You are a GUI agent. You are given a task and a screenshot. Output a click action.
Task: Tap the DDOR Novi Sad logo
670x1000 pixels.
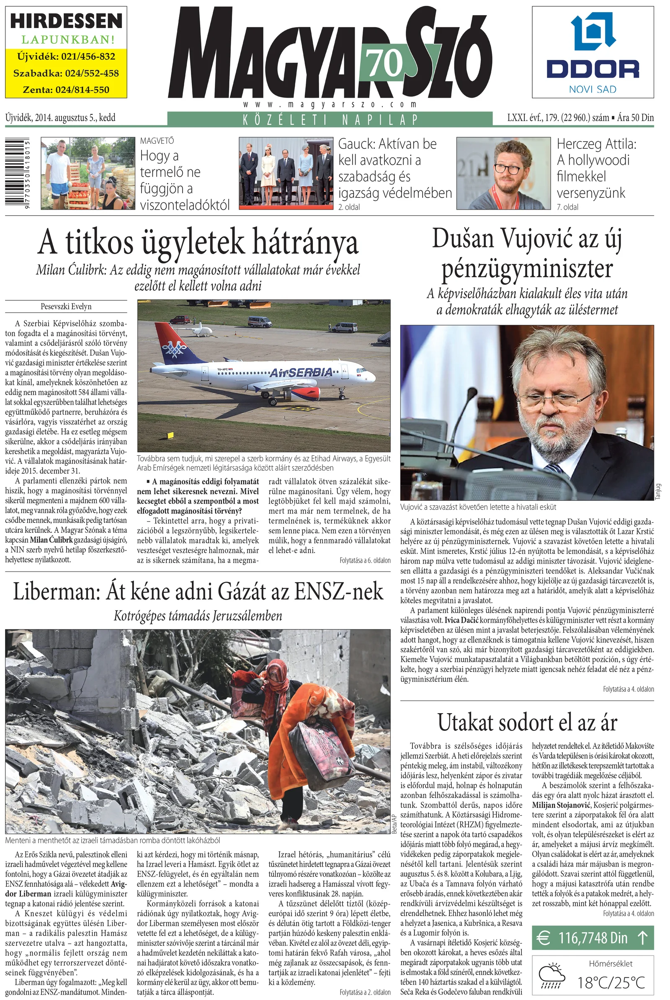tap(593, 51)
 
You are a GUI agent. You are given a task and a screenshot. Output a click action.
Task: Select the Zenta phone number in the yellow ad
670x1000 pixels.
tap(66, 90)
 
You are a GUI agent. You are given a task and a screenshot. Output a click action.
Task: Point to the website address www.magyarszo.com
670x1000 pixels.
tap(330, 104)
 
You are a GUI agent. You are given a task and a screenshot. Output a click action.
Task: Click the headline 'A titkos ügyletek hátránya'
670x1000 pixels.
tap(198, 243)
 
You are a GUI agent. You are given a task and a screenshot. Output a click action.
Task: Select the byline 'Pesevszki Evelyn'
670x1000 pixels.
tap(66, 306)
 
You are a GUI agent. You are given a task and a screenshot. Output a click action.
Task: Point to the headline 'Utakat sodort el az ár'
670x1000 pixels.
tap(527, 723)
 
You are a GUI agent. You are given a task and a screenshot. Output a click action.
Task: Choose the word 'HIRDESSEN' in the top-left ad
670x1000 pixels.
tap(66, 21)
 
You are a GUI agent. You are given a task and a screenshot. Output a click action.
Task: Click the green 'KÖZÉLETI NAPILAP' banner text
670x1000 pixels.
tap(330, 119)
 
